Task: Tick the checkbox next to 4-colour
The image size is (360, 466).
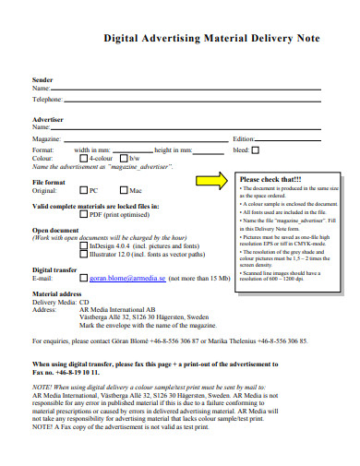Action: point(84,159)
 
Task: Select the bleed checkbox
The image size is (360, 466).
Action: point(256,149)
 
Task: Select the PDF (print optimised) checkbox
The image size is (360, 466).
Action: point(84,214)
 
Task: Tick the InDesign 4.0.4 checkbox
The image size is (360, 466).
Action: point(84,246)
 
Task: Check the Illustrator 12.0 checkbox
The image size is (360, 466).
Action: point(84,255)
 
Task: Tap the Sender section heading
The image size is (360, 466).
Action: point(43,80)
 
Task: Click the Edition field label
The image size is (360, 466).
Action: point(243,137)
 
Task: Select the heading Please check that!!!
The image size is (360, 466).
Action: point(270,179)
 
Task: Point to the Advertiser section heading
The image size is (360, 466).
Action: point(48,119)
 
